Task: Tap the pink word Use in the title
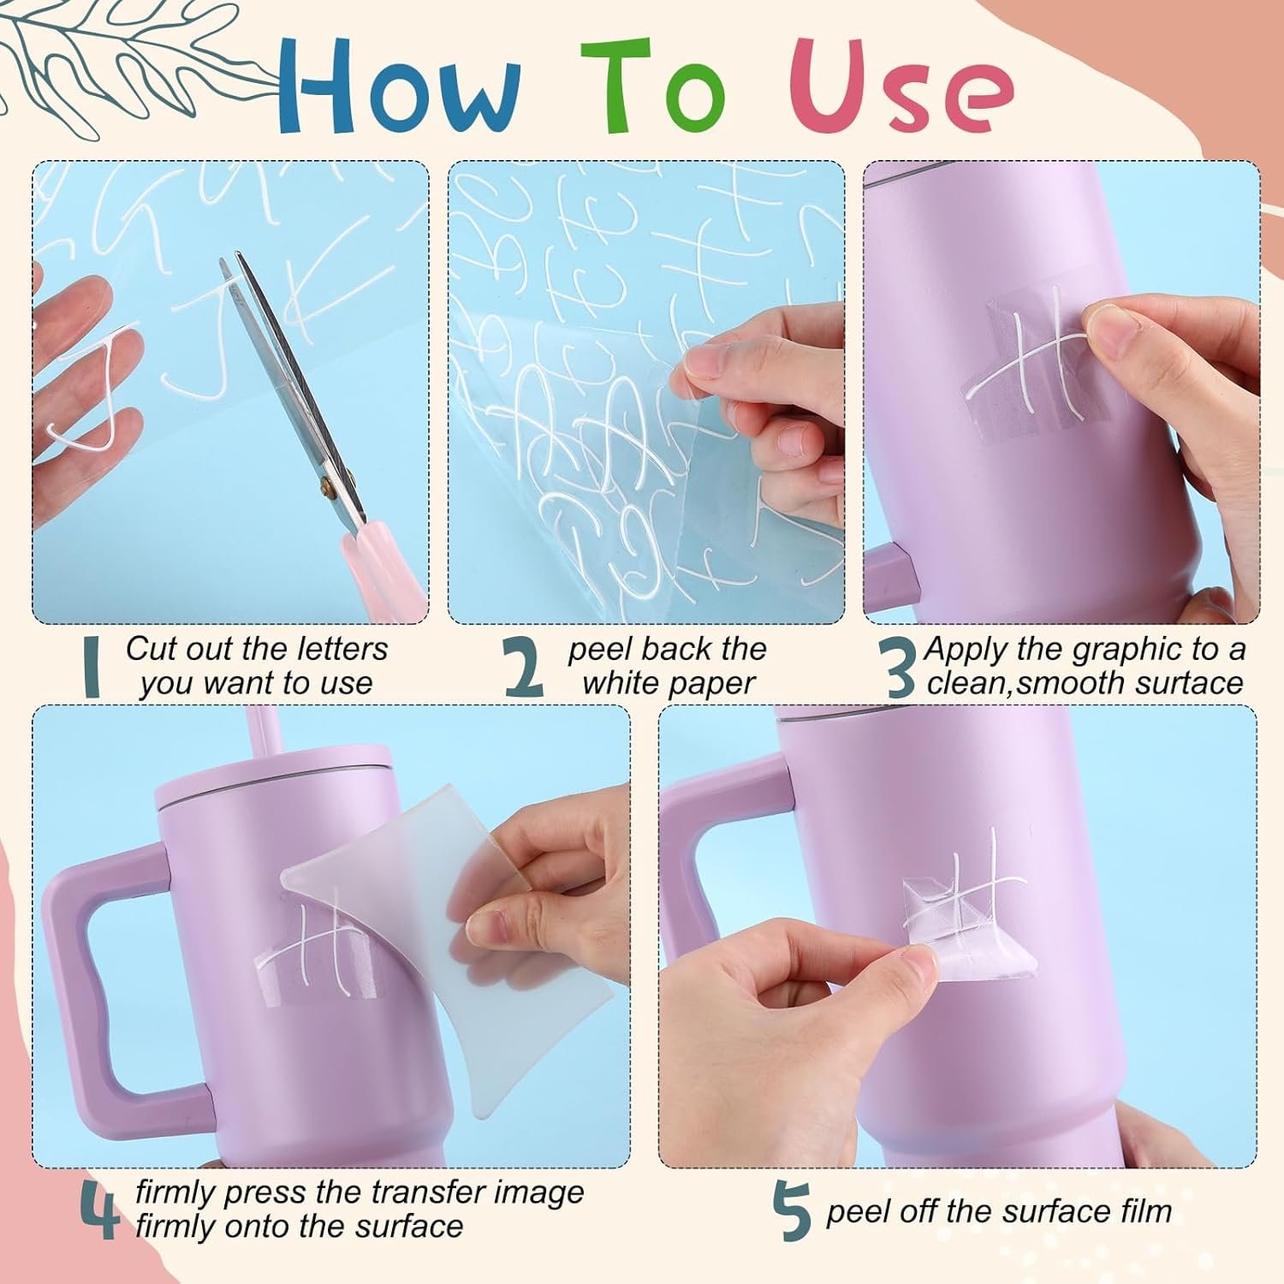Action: (x=902, y=85)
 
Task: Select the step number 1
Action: (x=92, y=669)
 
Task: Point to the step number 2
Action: (x=524, y=669)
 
